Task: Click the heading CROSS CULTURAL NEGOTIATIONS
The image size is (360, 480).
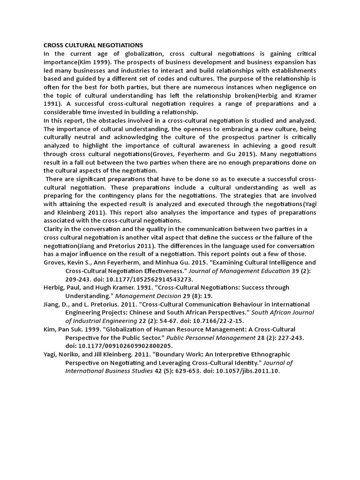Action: coord(93,45)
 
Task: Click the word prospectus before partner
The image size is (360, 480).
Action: coord(235,137)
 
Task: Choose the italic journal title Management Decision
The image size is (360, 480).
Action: coord(146,296)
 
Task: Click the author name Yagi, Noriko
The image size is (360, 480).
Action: coord(62,354)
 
